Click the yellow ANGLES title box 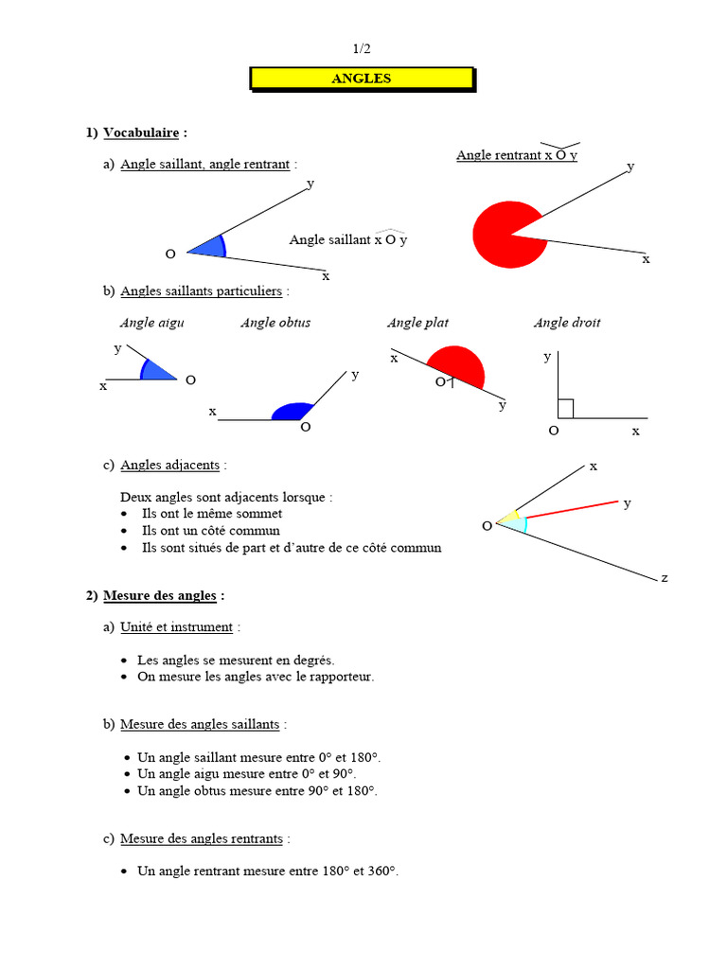361,79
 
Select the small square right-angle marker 566,409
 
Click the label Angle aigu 151,323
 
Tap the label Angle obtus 275,323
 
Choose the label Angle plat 417,323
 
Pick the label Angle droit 567,323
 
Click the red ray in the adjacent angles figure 573,508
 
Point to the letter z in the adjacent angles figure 665,576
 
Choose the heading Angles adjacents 170,465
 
